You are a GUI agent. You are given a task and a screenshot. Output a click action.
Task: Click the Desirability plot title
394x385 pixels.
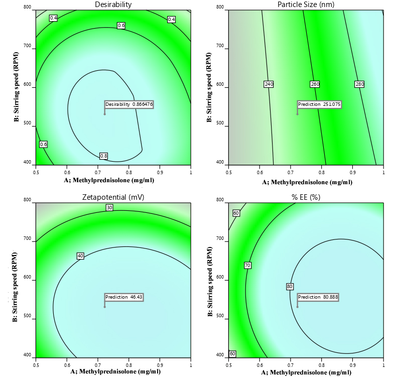(x=113, y=5)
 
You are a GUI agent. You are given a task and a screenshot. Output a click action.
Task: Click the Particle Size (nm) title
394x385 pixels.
(x=306, y=5)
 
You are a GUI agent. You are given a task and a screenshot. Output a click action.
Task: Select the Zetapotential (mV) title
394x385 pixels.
(x=113, y=197)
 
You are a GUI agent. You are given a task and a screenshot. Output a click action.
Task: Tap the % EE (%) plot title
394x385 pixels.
(x=306, y=197)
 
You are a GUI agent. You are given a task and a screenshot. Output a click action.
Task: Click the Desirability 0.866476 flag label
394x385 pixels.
(x=129, y=104)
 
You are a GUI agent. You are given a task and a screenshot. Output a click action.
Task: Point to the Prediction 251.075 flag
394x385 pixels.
(x=319, y=104)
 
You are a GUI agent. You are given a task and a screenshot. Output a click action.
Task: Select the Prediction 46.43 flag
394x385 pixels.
(x=123, y=297)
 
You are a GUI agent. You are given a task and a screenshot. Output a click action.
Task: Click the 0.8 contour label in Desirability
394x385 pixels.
(x=104, y=156)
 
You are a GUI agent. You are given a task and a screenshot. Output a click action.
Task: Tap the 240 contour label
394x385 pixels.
(x=269, y=84)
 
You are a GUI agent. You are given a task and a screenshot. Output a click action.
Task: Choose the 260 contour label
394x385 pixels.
(x=315, y=84)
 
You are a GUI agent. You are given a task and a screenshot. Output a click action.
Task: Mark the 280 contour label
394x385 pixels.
(x=359, y=84)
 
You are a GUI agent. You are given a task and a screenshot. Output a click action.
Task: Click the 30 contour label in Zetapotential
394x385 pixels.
(x=109, y=207)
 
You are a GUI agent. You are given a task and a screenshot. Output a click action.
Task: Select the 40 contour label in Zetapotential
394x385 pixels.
(x=80, y=256)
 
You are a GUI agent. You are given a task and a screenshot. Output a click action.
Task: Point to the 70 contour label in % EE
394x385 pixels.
(x=247, y=265)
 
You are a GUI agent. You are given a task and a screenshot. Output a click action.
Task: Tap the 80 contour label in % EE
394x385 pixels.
(x=290, y=287)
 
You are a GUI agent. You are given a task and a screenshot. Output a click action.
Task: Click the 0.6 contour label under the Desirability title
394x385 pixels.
(x=121, y=25)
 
